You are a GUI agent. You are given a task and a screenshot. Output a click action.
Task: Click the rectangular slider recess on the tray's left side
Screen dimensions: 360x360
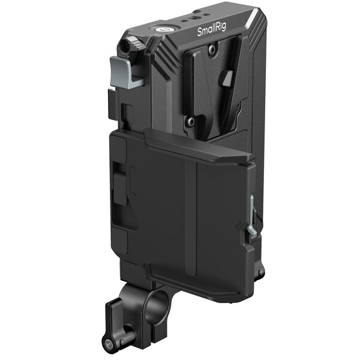[124, 192]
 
